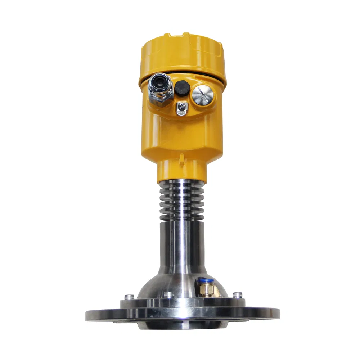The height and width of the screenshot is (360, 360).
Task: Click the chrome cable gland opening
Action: coord(158,83)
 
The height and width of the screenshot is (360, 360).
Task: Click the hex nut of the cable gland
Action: coord(161,99)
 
